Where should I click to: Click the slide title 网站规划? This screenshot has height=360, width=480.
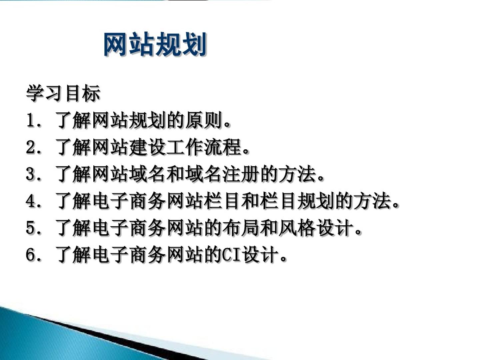155,44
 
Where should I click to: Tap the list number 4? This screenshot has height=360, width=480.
30,201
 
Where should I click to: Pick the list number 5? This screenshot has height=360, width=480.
30,228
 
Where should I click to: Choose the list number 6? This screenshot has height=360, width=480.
30,254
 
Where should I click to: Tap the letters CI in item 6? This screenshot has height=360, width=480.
232,254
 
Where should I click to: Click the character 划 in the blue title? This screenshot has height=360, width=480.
194,44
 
